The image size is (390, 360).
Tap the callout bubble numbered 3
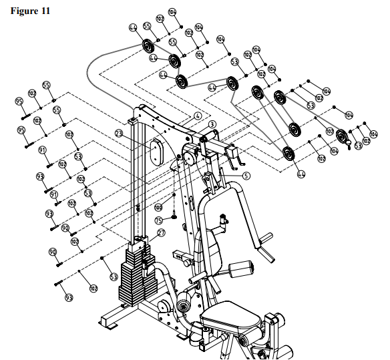click(x=212, y=124)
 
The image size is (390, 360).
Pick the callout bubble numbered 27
click(x=160, y=233)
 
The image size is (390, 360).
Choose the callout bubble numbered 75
click(x=159, y=220)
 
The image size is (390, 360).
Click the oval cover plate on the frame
click(x=155, y=152)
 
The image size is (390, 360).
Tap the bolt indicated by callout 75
click(x=174, y=215)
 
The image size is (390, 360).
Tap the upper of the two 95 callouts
click(x=19, y=102)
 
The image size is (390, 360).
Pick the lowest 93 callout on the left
click(x=68, y=297)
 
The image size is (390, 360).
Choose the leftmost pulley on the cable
click(x=148, y=48)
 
